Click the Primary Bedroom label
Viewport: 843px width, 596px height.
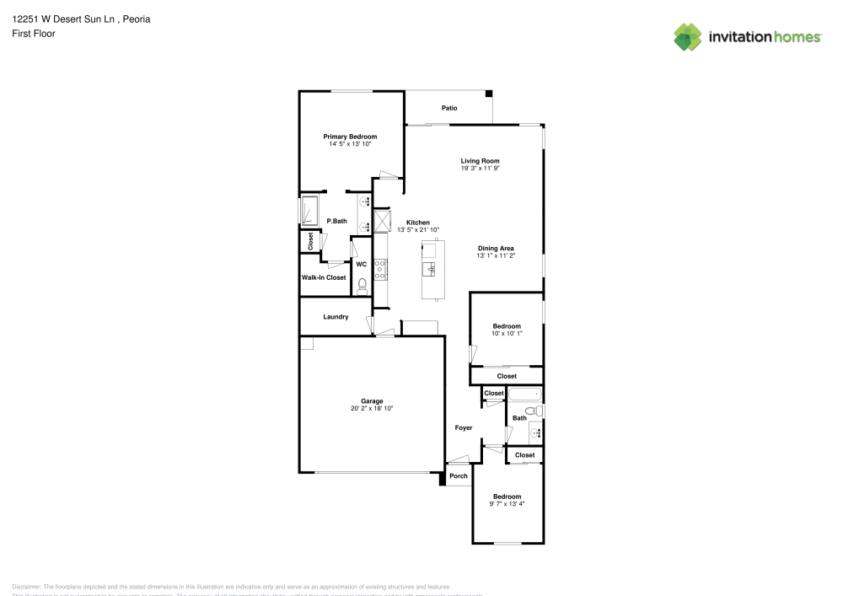350,137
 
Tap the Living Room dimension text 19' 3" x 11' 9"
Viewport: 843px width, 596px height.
480,168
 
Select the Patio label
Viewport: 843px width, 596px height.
450,108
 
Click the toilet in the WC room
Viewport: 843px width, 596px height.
362,285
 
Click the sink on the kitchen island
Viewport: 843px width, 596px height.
430,269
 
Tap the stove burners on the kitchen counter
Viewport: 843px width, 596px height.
380,269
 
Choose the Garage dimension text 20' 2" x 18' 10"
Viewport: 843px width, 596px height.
372,408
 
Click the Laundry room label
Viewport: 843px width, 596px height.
336,317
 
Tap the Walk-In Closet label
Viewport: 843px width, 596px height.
324,277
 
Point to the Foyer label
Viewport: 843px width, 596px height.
464,428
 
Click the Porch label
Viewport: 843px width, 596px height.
458,476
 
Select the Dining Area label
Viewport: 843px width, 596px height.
496,248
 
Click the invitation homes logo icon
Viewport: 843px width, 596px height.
688,36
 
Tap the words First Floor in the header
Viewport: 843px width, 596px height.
34,34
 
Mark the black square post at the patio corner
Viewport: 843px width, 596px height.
488,95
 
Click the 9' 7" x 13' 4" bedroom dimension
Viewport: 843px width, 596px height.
507,504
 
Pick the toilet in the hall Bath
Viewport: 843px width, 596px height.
539,411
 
